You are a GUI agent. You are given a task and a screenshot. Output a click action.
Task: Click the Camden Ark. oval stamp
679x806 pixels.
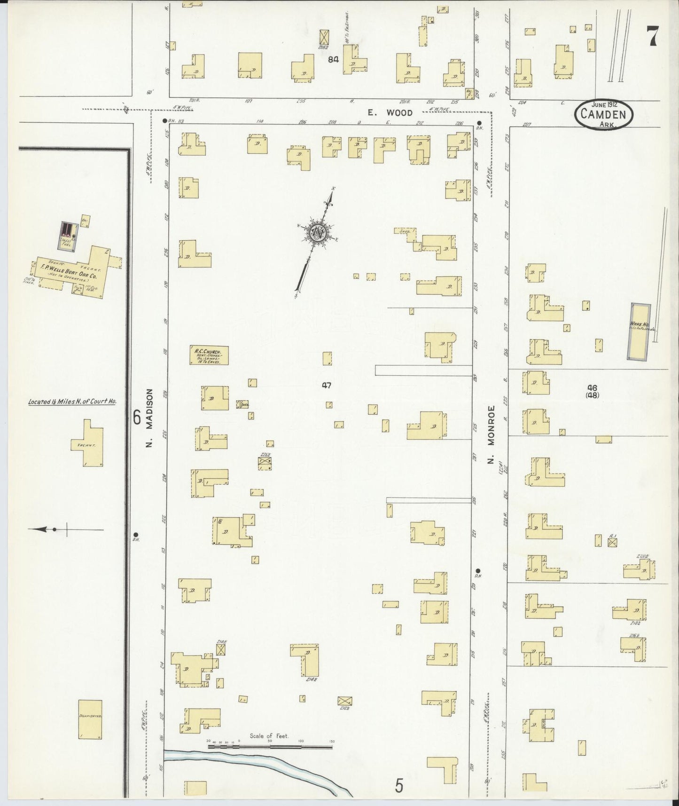click(x=603, y=113)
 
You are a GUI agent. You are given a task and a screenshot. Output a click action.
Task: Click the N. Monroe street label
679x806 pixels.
click(x=491, y=434)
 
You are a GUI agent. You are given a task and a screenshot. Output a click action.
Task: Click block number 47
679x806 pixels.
click(x=327, y=386)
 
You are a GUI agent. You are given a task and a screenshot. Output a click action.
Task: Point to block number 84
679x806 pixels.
click(x=334, y=59)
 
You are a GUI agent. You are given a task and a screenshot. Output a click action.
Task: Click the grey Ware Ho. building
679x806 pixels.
click(x=640, y=331)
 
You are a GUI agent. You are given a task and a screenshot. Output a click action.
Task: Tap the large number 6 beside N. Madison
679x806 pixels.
click(x=137, y=418)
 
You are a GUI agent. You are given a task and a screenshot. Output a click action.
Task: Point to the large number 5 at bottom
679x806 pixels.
click(x=399, y=785)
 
